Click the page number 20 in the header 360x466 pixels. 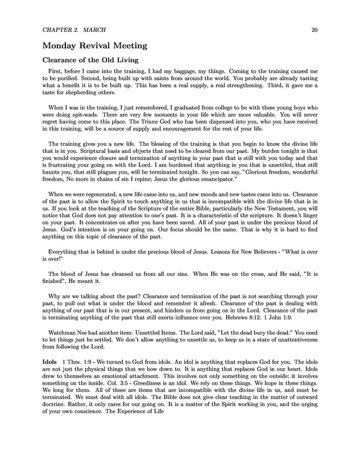[315, 28]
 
